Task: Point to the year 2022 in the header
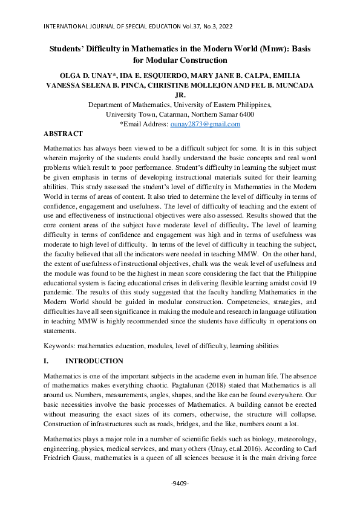coord(222,27)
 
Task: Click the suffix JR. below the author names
coord(180,95)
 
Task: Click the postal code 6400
coord(245,114)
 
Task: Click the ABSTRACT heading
coord(64,133)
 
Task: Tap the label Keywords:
coord(59,346)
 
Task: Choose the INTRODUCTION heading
coord(94,361)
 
